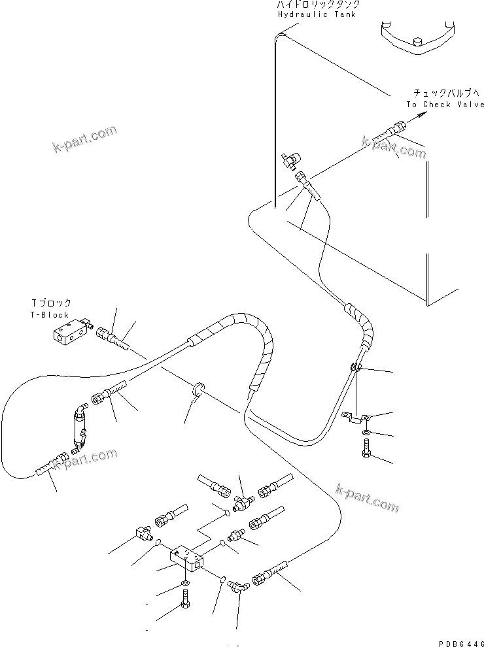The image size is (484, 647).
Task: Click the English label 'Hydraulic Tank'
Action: (x=317, y=14)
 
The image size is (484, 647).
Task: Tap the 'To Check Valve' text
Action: (x=445, y=105)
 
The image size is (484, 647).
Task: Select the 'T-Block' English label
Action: (x=50, y=315)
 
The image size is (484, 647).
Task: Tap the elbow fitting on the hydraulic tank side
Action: (x=290, y=159)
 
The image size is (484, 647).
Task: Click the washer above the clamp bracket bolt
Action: (x=365, y=433)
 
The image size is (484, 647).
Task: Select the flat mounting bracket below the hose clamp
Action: (x=358, y=418)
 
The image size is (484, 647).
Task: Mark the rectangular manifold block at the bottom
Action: (x=186, y=557)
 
